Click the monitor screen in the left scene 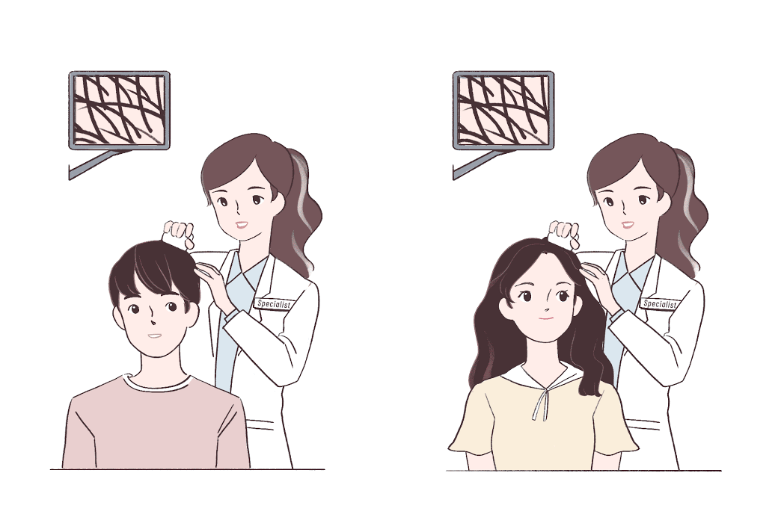coord(120,108)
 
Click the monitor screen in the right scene coord(503,108)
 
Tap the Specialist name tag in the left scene coord(272,303)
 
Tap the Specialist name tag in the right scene coord(659,303)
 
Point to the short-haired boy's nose coord(153,321)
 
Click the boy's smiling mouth coord(155,335)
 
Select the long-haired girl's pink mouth coord(546,319)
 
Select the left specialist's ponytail coord(302,209)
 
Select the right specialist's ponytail coord(688,209)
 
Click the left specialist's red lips coord(241,223)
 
